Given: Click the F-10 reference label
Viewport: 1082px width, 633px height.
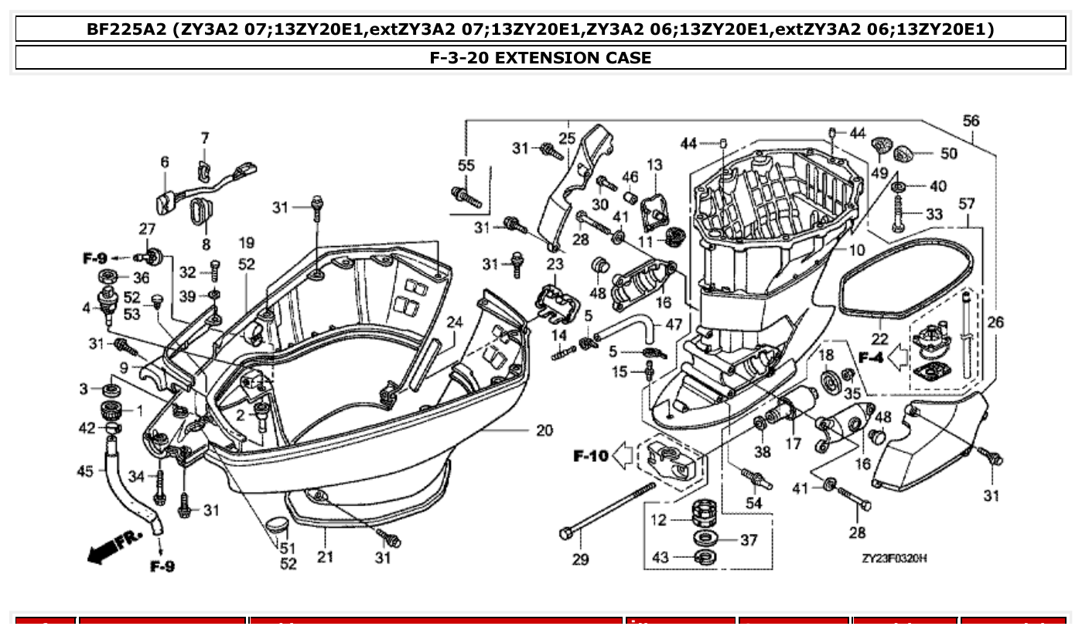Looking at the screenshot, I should pyautogui.click(x=591, y=456).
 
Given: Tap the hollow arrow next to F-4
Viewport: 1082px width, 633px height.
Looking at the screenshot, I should pyautogui.click(x=897, y=358).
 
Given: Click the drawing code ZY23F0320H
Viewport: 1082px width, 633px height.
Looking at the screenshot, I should pyautogui.click(x=894, y=559).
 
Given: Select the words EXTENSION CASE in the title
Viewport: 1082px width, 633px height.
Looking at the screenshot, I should pyautogui.click(x=572, y=57).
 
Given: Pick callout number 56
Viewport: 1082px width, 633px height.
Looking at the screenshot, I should pyautogui.click(x=971, y=121).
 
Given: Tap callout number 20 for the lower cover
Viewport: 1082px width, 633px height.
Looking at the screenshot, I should pyautogui.click(x=544, y=430).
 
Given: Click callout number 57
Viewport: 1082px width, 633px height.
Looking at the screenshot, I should pyautogui.click(x=967, y=204).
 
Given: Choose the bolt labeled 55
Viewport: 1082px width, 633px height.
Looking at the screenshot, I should pyautogui.click(x=467, y=194).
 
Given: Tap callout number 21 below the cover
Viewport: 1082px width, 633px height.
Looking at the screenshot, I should pyautogui.click(x=325, y=556).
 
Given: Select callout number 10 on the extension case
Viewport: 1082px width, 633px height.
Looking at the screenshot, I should pyautogui.click(x=856, y=250).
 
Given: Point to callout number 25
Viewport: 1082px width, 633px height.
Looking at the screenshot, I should pyautogui.click(x=567, y=139).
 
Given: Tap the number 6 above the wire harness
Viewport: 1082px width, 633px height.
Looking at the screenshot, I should pyautogui.click(x=165, y=162).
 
